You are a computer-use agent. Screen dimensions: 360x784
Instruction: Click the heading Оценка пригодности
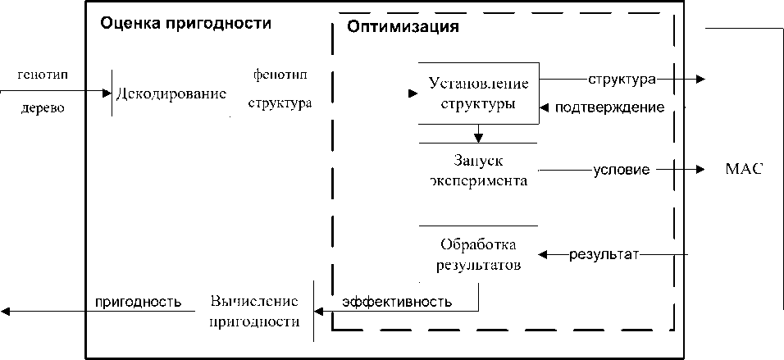click(x=185, y=23)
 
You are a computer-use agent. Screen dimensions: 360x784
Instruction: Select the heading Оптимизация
click(x=403, y=26)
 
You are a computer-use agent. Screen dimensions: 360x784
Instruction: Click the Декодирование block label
click(x=171, y=93)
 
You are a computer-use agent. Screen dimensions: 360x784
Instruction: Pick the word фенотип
click(x=280, y=75)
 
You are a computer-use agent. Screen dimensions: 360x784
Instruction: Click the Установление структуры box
click(x=478, y=93)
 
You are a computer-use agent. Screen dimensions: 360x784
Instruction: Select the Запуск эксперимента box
click(x=478, y=170)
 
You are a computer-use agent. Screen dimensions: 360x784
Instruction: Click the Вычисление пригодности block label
click(x=253, y=310)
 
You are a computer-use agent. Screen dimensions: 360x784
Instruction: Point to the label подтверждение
click(x=609, y=107)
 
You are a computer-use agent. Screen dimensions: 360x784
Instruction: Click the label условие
click(x=622, y=171)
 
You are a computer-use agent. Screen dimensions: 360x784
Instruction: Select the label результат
click(x=604, y=253)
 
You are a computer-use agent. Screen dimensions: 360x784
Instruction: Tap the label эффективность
click(x=397, y=302)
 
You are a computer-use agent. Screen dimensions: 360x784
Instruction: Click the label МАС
click(x=745, y=169)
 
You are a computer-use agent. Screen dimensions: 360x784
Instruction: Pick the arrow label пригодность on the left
click(x=138, y=301)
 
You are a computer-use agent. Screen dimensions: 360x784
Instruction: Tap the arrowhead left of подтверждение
click(x=545, y=107)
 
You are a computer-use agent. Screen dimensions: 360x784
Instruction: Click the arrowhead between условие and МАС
click(x=700, y=170)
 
